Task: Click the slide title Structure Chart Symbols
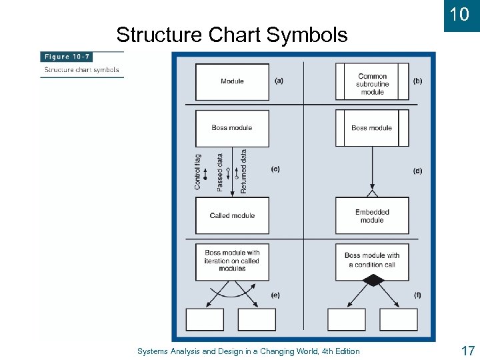(x=231, y=35)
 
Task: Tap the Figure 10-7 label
(x=67, y=57)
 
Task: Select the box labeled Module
(x=232, y=81)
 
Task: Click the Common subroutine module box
(x=372, y=82)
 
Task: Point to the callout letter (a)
(x=279, y=81)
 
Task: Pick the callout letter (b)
(x=417, y=81)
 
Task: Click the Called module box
(x=232, y=215)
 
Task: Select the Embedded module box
(x=372, y=216)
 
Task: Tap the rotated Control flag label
(x=198, y=172)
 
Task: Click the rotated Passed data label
(x=221, y=173)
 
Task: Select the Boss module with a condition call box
(x=372, y=260)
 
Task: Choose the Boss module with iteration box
(x=232, y=260)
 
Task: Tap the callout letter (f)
(x=417, y=294)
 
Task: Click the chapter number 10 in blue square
(x=459, y=14)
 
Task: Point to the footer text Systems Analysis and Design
(x=248, y=351)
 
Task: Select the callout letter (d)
(x=417, y=171)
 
